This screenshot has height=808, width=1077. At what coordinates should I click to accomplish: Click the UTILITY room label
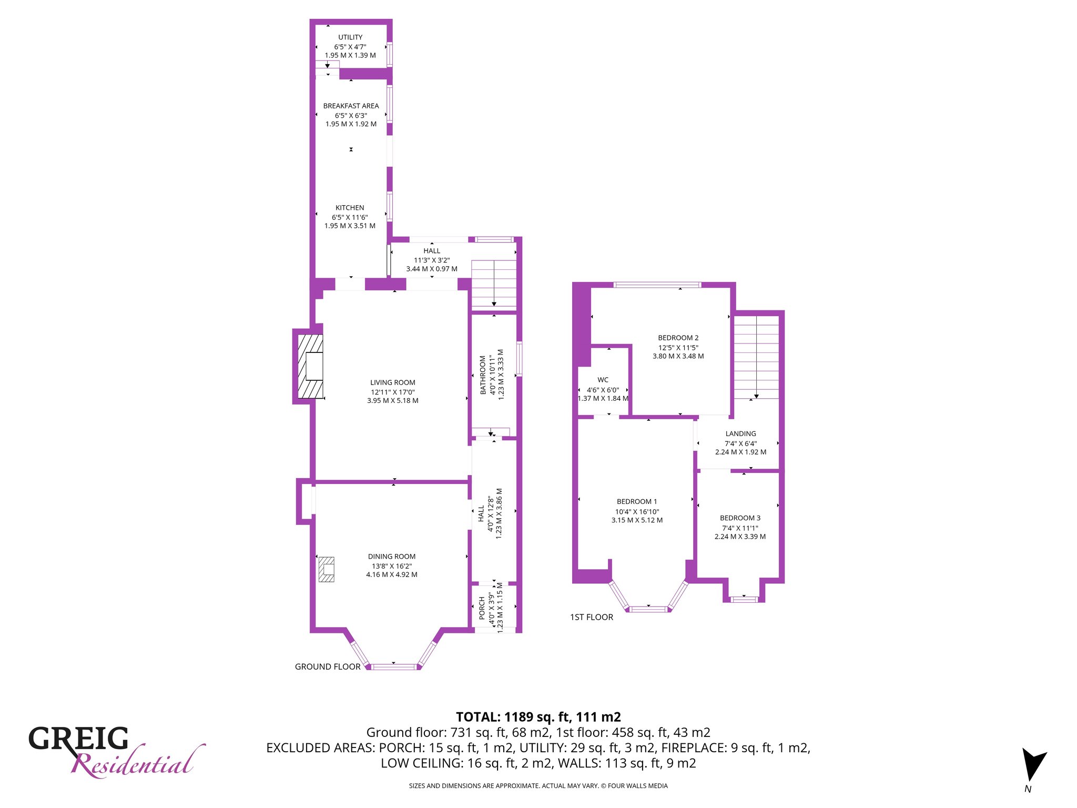pos(350,37)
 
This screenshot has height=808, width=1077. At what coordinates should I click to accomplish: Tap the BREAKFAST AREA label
pos(351,106)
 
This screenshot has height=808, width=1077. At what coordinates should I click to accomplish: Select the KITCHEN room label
pos(350,208)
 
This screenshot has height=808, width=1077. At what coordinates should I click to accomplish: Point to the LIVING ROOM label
pos(392,382)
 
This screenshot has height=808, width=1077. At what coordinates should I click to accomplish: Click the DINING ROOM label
pos(392,557)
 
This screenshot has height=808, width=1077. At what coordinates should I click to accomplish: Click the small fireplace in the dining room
pos(327,569)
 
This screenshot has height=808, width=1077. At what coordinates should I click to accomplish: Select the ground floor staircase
pos(494,284)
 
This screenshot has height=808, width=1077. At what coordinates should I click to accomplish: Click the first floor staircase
pos(756,358)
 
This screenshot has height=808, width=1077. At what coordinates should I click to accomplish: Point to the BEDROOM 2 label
pos(678,338)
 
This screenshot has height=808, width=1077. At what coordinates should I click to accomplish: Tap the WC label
pos(603,380)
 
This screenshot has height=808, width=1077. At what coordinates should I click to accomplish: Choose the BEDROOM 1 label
pos(637,502)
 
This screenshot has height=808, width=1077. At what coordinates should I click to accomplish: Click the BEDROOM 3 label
pos(740,518)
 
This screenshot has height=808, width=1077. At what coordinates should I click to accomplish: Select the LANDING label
pos(740,434)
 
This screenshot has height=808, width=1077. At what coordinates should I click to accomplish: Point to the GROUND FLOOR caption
pos(328,666)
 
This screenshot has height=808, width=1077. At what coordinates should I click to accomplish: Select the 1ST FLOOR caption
pos(592,617)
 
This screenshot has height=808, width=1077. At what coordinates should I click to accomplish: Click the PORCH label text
pos(482,608)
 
